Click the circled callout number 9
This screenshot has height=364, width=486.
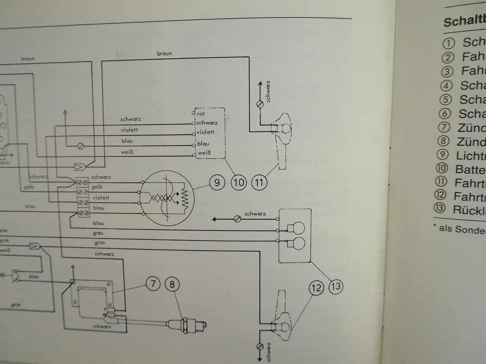point(217,183)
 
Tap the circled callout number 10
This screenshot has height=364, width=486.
point(239,183)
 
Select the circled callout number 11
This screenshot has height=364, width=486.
point(259,183)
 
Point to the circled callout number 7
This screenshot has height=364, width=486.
point(153,284)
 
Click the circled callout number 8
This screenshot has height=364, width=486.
point(172,284)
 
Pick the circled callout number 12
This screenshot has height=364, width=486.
point(316,288)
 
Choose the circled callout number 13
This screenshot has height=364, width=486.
point(336,286)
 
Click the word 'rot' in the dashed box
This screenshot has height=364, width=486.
point(201,114)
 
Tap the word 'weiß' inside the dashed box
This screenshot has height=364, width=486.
point(204,153)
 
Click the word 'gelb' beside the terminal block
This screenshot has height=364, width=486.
point(97,187)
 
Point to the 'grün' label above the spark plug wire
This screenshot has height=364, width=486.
point(99,243)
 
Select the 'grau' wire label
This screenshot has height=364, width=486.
point(98,233)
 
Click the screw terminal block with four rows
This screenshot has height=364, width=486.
point(83,198)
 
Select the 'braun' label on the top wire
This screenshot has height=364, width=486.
point(164,53)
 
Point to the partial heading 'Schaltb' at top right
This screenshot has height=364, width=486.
point(464,21)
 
